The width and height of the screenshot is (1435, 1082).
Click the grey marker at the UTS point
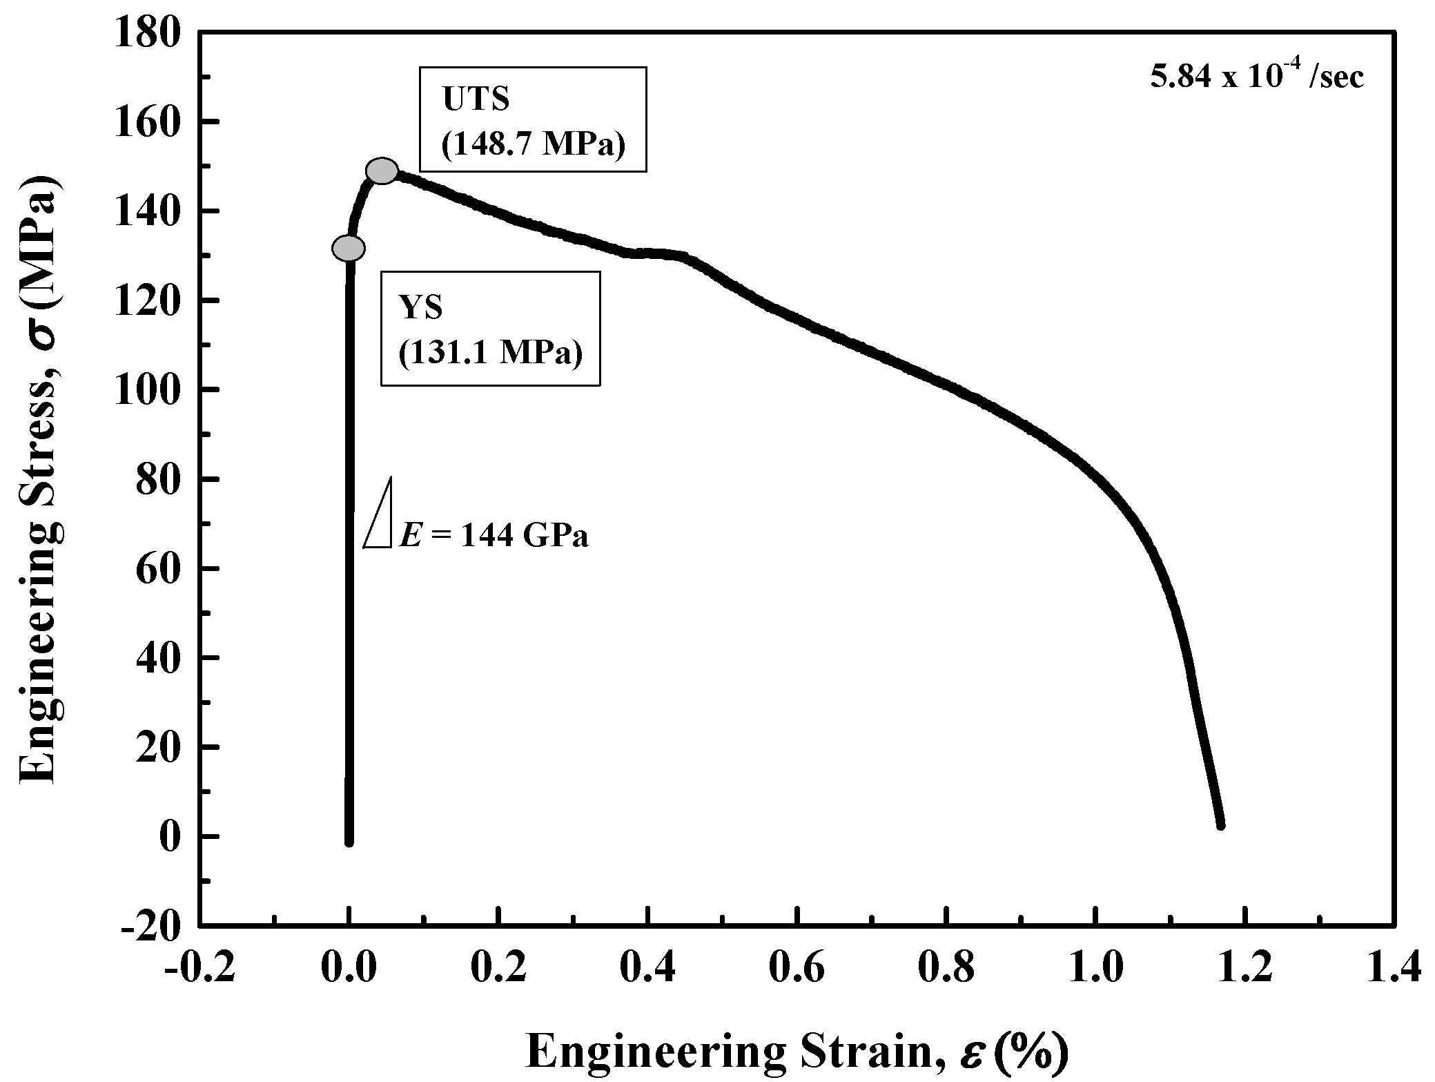pyautogui.click(x=382, y=171)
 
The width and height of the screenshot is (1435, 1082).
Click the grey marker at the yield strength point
pyautogui.click(x=349, y=248)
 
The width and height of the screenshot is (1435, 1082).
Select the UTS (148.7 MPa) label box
pyautogui.click(x=533, y=119)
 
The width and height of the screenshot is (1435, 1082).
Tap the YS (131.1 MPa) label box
pyautogui.click(x=490, y=328)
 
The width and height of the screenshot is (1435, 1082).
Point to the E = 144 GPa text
pyautogui.click(x=494, y=535)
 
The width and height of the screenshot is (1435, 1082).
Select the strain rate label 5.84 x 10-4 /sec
pyautogui.click(x=1256, y=77)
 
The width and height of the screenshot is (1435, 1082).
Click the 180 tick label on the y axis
pyautogui.click(x=148, y=33)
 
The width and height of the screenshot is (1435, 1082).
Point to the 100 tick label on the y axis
pyautogui.click(x=148, y=390)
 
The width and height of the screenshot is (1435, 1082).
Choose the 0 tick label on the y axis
pyautogui.click(x=169, y=837)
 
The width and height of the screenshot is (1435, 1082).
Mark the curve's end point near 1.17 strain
pyautogui.click(x=1220, y=825)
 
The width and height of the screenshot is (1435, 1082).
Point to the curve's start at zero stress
pyautogui.click(x=349, y=841)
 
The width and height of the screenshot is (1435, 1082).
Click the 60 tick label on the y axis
pyautogui.click(x=159, y=569)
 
